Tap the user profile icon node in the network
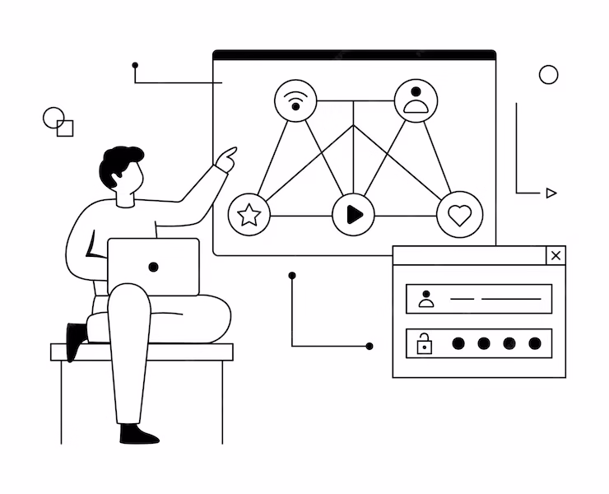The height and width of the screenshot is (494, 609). tap(416, 100)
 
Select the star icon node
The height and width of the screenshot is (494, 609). tap(249, 216)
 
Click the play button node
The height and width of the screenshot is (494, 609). tap(354, 215)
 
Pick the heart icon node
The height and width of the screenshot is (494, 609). tap(459, 216)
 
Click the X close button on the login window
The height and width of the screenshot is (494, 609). tap(556, 255)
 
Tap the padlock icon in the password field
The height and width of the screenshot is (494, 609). tap(425, 343)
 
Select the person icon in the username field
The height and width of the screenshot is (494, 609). tap(425, 298)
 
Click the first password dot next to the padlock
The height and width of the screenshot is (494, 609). tap(458, 343)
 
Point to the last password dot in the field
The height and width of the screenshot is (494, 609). tap(535, 343)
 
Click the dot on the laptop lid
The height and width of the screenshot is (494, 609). tap(153, 267)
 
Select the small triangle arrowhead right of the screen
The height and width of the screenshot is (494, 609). tap(551, 193)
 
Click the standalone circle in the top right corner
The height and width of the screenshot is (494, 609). tap(548, 75)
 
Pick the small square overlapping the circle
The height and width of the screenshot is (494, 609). tap(66, 128)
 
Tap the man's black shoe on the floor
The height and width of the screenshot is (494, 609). tap(137, 434)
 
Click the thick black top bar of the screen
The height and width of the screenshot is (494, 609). tap(354, 55)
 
